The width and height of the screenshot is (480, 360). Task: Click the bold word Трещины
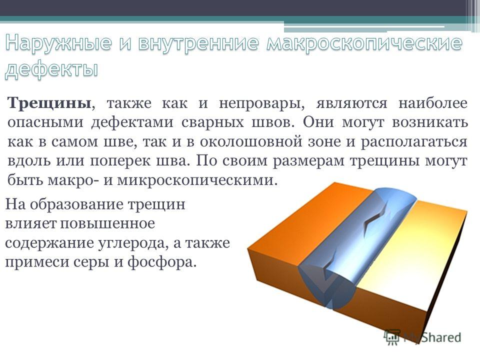[x=49, y=103]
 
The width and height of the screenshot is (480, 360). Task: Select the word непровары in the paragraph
[x=261, y=103]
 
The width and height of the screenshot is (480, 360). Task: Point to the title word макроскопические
[x=364, y=43]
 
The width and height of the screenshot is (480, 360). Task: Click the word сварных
[x=213, y=122]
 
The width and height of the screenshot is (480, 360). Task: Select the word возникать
[x=430, y=122]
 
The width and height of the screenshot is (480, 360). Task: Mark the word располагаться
[x=414, y=142]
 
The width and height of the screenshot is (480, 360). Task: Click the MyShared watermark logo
[x=422, y=337]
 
